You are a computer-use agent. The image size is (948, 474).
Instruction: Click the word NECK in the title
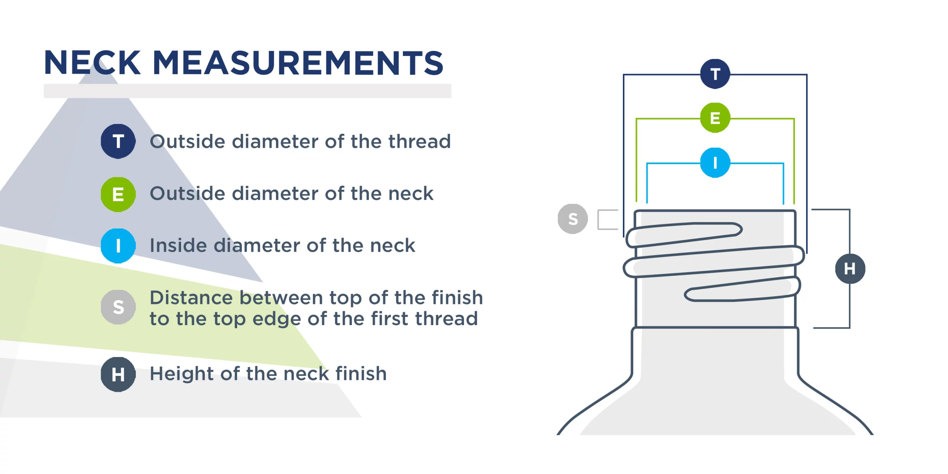pos(92,63)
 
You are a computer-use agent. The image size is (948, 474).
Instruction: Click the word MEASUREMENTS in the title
pos(298,63)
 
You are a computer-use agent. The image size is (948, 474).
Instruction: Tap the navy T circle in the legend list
pos(118,141)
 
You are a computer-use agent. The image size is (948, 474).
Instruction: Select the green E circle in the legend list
pos(118,194)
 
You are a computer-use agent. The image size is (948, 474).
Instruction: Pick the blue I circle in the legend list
pos(118,246)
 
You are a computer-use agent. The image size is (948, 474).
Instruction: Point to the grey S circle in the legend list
pos(118,307)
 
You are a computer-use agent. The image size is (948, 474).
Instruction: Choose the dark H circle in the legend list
pos(118,374)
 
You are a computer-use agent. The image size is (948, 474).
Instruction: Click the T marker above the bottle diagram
pos(715,74)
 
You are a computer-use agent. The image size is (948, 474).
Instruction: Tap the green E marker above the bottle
pos(715,118)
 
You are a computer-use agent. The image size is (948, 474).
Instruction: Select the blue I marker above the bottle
pos(715,163)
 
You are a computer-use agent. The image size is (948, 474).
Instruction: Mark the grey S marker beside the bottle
pos(573,219)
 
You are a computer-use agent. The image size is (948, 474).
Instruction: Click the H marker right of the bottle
pos(850,268)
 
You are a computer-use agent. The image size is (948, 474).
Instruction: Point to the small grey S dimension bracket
pos(607,220)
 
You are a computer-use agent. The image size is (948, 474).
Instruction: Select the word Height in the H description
pos(182,374)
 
